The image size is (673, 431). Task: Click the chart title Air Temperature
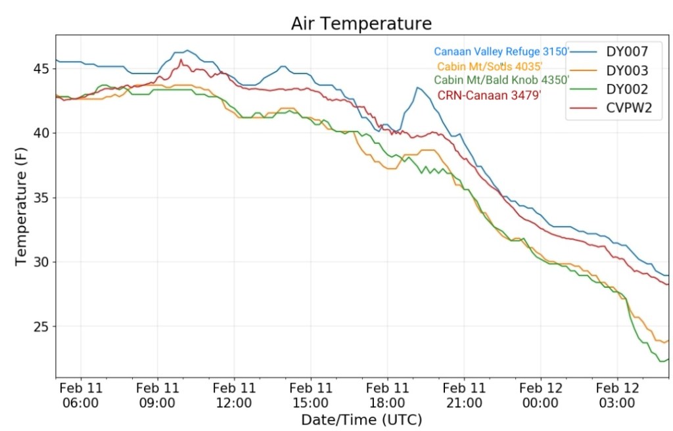361,24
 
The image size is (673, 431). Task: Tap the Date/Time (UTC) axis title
361,419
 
